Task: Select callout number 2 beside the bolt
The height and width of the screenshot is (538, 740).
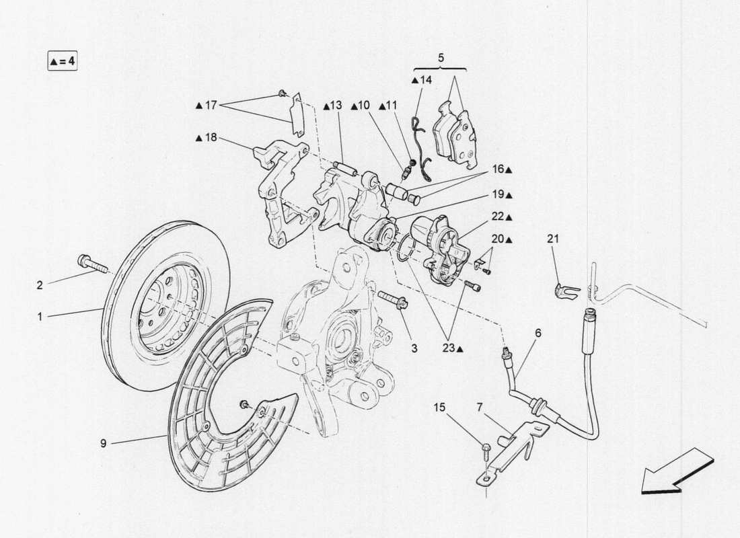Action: coord(40,285)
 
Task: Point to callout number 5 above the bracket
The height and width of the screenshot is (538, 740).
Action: coord(441,58)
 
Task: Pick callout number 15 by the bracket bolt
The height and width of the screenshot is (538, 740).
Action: coord(439,407)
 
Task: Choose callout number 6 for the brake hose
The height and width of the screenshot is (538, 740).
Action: coord(538,332)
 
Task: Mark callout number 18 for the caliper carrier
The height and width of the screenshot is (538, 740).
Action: coord(211,138)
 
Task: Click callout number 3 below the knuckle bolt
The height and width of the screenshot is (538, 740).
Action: coord(414,348)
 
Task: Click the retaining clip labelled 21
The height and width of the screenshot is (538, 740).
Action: coord(564,291)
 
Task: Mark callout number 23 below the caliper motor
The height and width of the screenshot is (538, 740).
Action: coord(452,348)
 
